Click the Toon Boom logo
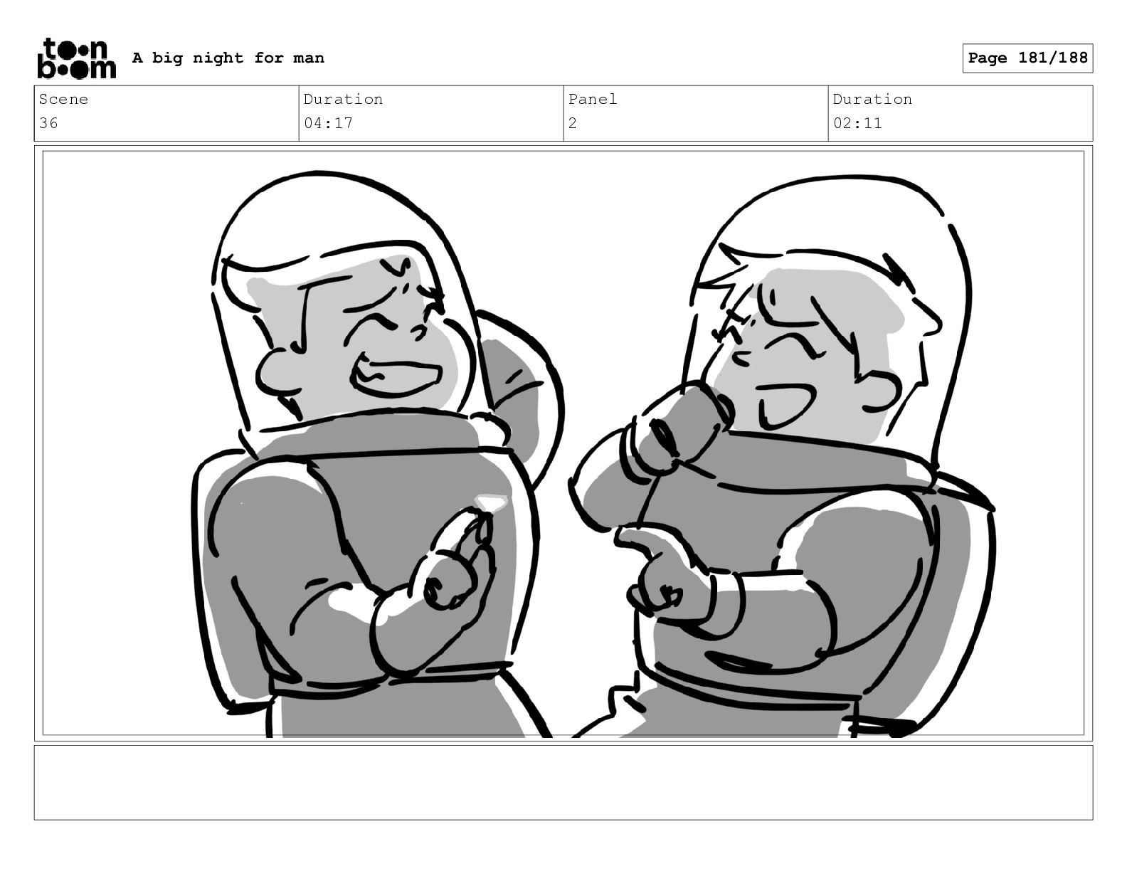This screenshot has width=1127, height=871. click(77, 58)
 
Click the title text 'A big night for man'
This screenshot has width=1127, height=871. click(228, 58)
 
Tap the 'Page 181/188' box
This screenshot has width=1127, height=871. click(1027, 58)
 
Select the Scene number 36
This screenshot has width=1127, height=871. click(48, 123)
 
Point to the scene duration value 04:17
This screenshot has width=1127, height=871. click(328, 123)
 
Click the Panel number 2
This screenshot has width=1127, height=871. click(572, 123)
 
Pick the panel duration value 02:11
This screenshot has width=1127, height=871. click(857, 123)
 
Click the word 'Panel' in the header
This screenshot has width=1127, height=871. click(592, 99)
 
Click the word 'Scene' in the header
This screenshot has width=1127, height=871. click(63, 99)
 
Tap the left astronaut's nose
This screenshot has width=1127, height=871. click(422, 330)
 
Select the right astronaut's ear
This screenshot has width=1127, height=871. click(879, 389)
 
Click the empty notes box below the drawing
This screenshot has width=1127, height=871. click(563, 782)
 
